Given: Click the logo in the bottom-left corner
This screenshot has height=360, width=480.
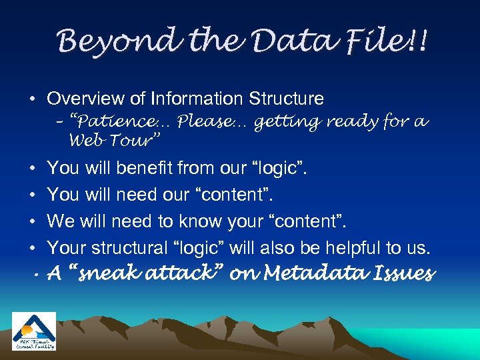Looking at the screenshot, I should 33,331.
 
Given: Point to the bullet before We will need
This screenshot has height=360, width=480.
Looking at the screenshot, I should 32,222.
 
